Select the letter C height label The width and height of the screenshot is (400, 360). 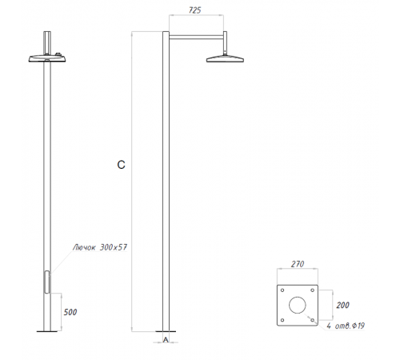point(120,166)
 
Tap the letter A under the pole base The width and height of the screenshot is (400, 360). point(164,340)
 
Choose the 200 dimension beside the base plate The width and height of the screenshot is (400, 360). point(342,306)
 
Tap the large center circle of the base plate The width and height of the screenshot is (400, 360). point(298,306)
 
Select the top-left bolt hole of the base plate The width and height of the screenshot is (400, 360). point(282,290)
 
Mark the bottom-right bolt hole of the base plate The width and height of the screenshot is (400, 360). point(314,322)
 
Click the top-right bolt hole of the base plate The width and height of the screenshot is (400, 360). point(314,290)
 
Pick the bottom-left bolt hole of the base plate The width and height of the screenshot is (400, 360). point(282,322)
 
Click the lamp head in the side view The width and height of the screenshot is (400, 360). point(226,58)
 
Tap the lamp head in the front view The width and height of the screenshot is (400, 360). point(49,58)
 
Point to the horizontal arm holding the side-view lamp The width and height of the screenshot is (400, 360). point(196,36)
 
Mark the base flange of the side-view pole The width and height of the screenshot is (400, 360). point(164,331)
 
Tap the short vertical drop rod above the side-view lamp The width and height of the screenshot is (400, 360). point(226,42)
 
